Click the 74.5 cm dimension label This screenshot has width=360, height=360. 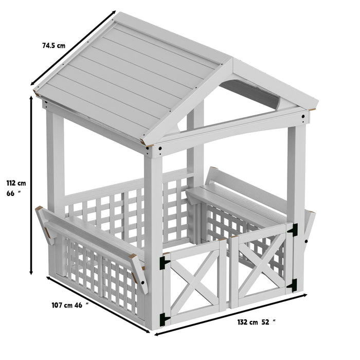click(53, 45)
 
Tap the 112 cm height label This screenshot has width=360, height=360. click(16, 183)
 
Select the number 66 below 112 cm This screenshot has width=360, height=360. click(10, 194)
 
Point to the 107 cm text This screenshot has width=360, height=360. click(62, 305)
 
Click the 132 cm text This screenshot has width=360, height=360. click(246, 322)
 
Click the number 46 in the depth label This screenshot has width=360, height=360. click(79, 305)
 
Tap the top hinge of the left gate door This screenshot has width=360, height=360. click(165, 262)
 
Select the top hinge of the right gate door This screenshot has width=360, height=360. click(294, 231)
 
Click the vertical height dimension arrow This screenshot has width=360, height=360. click(32, 185)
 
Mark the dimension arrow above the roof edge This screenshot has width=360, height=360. click(72, 49)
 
